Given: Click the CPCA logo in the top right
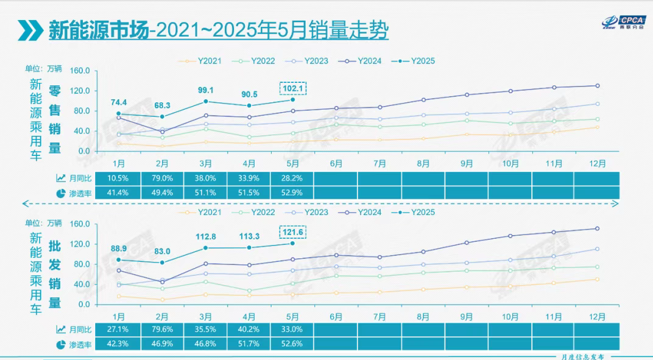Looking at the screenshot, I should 621,22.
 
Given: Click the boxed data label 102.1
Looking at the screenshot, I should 292,88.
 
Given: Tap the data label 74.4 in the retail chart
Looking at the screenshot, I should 119,102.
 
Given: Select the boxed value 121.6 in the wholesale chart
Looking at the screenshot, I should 292,232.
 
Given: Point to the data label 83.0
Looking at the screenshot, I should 162,252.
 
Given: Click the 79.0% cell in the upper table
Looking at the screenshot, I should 162,178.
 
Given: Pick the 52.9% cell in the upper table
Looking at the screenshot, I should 292,192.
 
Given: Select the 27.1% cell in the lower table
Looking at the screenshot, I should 119,330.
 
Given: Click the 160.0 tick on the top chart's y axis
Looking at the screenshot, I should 80,71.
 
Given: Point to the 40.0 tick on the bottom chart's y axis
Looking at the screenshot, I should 82,284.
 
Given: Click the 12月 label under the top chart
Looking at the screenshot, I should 597,163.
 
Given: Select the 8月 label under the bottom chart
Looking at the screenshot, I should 423,317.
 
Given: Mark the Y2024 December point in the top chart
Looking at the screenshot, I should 597,85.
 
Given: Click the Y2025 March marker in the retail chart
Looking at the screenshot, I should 206,101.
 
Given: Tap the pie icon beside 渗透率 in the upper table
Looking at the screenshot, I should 61,193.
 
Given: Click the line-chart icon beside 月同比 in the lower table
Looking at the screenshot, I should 61,330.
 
